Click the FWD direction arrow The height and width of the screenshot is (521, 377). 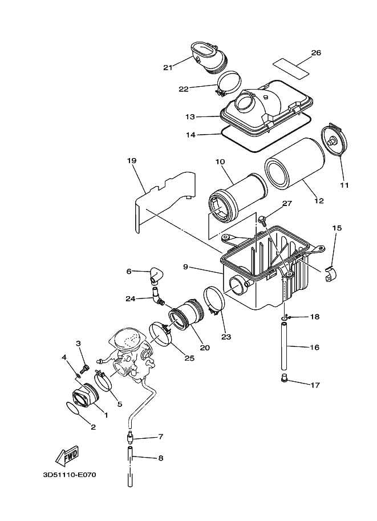[67, 455]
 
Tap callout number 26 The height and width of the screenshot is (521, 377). [315, 53]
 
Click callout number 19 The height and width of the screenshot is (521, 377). [131, 161]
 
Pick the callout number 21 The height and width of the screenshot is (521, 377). [168, 67]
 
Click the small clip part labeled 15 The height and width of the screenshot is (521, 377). [330, 275]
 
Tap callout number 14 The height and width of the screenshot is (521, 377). [190, 135]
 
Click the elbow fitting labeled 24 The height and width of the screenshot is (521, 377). [155, 294]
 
